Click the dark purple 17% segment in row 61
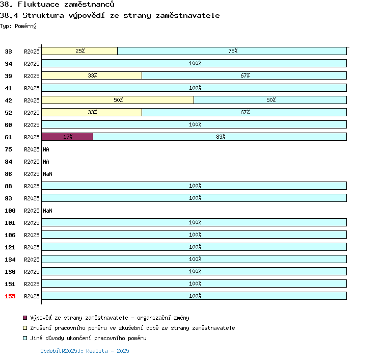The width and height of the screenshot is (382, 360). [x=67, y=137]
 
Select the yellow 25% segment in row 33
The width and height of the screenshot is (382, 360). [x=79, y=51]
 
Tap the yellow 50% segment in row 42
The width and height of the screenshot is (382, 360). [x=118, y=100]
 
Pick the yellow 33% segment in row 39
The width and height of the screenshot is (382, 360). [x=92, y=75]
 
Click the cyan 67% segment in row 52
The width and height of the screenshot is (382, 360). [x=244, y=112]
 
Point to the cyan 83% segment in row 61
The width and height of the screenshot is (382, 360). [x=220, y=137]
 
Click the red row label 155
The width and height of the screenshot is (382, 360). [x=10, y=296]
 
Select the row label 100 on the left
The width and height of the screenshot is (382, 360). [x=10, y=211]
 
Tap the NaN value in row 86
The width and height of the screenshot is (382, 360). [x=47, y=174]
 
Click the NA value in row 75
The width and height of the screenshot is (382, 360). [x=46, y=149]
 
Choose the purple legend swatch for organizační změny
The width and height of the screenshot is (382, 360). [x=25, y=318]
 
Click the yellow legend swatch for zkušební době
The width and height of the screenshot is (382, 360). [x=25, y=328]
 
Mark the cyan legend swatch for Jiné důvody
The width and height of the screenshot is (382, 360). [x=25, y=338]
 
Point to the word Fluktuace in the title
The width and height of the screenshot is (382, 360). [x=39, y=5]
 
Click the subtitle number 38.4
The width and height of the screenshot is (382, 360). [x=9, y=16]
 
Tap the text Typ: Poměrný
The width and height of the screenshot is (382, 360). [x=18, y=26]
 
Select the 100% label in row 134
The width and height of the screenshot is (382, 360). [x=195, y=259]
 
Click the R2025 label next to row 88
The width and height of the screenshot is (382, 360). [x=32, y=186]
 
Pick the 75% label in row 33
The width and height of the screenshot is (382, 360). [x=233, y=51]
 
